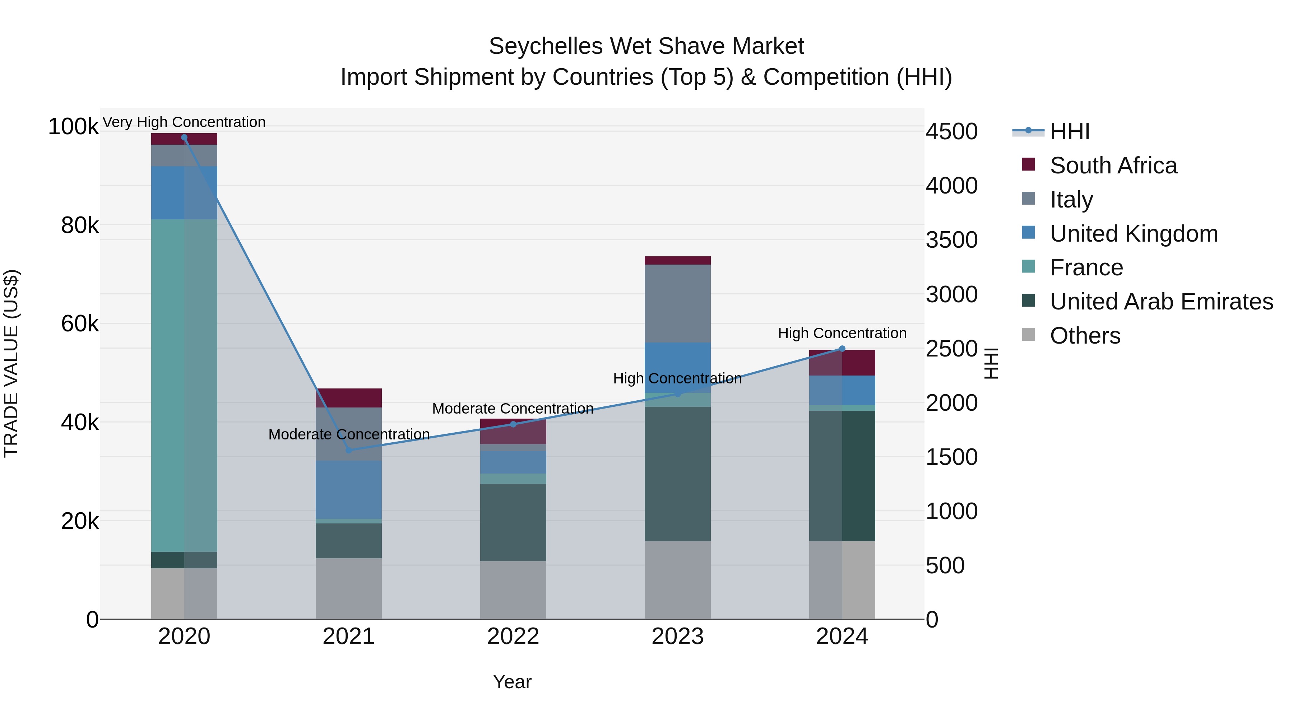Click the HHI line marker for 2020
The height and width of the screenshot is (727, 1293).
184,138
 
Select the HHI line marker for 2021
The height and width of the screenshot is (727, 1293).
349,450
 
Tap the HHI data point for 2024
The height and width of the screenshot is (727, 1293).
842,349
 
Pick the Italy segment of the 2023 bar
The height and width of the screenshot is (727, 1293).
678,303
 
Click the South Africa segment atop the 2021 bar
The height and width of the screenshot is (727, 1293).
349,398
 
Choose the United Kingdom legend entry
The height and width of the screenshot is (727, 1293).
1134,234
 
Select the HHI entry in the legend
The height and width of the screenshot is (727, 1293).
1069,131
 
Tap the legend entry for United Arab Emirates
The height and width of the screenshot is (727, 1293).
1161,302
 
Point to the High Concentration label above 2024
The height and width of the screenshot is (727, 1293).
842,333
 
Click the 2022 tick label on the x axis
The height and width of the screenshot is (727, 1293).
513,637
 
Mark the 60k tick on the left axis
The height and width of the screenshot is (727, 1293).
80,323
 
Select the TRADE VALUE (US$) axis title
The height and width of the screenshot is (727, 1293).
11,363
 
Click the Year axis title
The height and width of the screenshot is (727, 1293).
512,682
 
